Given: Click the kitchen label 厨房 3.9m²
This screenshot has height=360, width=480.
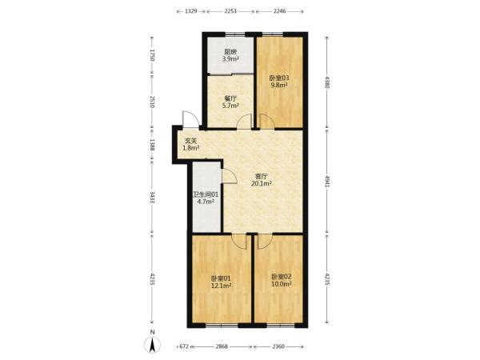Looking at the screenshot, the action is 230,55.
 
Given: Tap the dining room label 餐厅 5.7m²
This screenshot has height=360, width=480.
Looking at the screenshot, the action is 230,102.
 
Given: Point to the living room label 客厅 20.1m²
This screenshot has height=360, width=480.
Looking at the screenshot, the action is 262,180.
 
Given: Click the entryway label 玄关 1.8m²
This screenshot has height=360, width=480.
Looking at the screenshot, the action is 191,145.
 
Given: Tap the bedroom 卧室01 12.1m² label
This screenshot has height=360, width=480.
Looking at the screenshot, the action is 221,282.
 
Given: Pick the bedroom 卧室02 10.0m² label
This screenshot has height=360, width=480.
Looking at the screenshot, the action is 282,280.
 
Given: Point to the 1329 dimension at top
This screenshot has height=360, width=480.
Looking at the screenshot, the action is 190,11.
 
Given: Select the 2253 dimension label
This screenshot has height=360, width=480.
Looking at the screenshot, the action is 230,11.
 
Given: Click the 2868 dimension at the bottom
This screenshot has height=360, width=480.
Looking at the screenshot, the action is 222,346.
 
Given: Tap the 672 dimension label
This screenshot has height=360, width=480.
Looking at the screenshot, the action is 184,346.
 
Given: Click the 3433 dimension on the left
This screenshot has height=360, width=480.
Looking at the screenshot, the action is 152,197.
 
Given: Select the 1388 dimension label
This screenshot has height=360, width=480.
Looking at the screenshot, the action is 152,144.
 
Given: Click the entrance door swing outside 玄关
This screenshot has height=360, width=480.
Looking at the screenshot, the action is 190,119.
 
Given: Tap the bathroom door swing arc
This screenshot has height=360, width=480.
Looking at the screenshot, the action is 230,176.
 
